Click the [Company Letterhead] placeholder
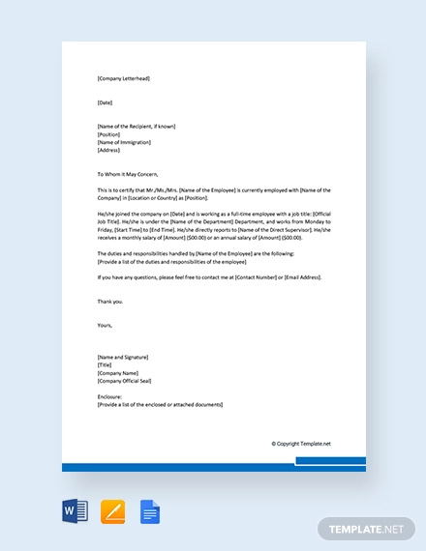coord(124,78)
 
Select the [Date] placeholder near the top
coord(106,102)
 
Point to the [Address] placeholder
coord(108,150)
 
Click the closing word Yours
coord(106,325)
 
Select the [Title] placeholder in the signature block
coord(106,364)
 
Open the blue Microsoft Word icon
coord(75,510)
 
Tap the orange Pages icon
coord(113,510)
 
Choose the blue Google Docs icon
coord(150,510)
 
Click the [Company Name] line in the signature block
coord(119,372)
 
